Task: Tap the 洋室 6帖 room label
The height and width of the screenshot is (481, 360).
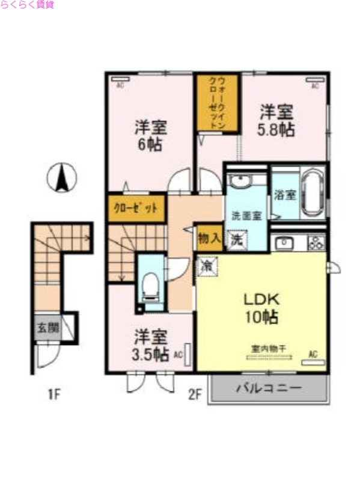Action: (x=150, y=136)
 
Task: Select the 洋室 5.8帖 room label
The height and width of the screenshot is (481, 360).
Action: (x=276, y=120)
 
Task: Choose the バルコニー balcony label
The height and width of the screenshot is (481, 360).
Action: (x=268, y=388)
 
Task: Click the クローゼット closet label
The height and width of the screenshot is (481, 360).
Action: (x=136, y=209)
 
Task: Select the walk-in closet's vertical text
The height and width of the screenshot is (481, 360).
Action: (x=217, y=103)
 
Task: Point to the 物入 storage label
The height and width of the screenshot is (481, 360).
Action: (x=209, y=237)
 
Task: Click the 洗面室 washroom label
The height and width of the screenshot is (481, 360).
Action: (x=246, y=215)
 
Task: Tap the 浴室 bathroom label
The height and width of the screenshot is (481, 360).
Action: (x=285, y=195)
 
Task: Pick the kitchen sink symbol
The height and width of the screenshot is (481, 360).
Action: (x=283, y=243)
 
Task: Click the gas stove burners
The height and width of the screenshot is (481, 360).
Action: (x=316, y=243)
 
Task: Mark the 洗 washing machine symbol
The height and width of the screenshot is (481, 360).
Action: (x=237, y=239)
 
